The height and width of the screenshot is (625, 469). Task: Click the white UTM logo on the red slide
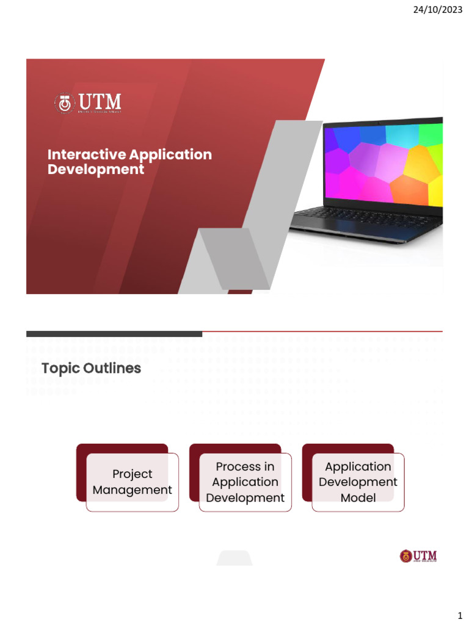(87, 103)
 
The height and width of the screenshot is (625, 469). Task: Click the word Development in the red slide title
(96, 169)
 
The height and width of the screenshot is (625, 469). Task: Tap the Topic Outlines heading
(91, 368)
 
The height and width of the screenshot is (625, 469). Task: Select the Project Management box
(133, 482)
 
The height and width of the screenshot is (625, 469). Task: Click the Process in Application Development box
(245, 482)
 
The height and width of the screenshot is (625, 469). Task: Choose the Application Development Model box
(358, 482)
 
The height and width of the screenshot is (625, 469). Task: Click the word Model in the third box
(358, 497)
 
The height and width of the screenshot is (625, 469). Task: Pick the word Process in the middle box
(238, 466)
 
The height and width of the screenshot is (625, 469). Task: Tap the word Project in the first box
(133, 474)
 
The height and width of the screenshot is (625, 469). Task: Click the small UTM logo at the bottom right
(418, 556)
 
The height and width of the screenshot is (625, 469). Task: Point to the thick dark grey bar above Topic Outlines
(114, 334)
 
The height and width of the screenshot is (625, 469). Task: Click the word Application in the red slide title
(171, 154)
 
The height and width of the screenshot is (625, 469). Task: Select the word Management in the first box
(133, 490)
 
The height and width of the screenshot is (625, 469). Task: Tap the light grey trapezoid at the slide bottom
(234, 558)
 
